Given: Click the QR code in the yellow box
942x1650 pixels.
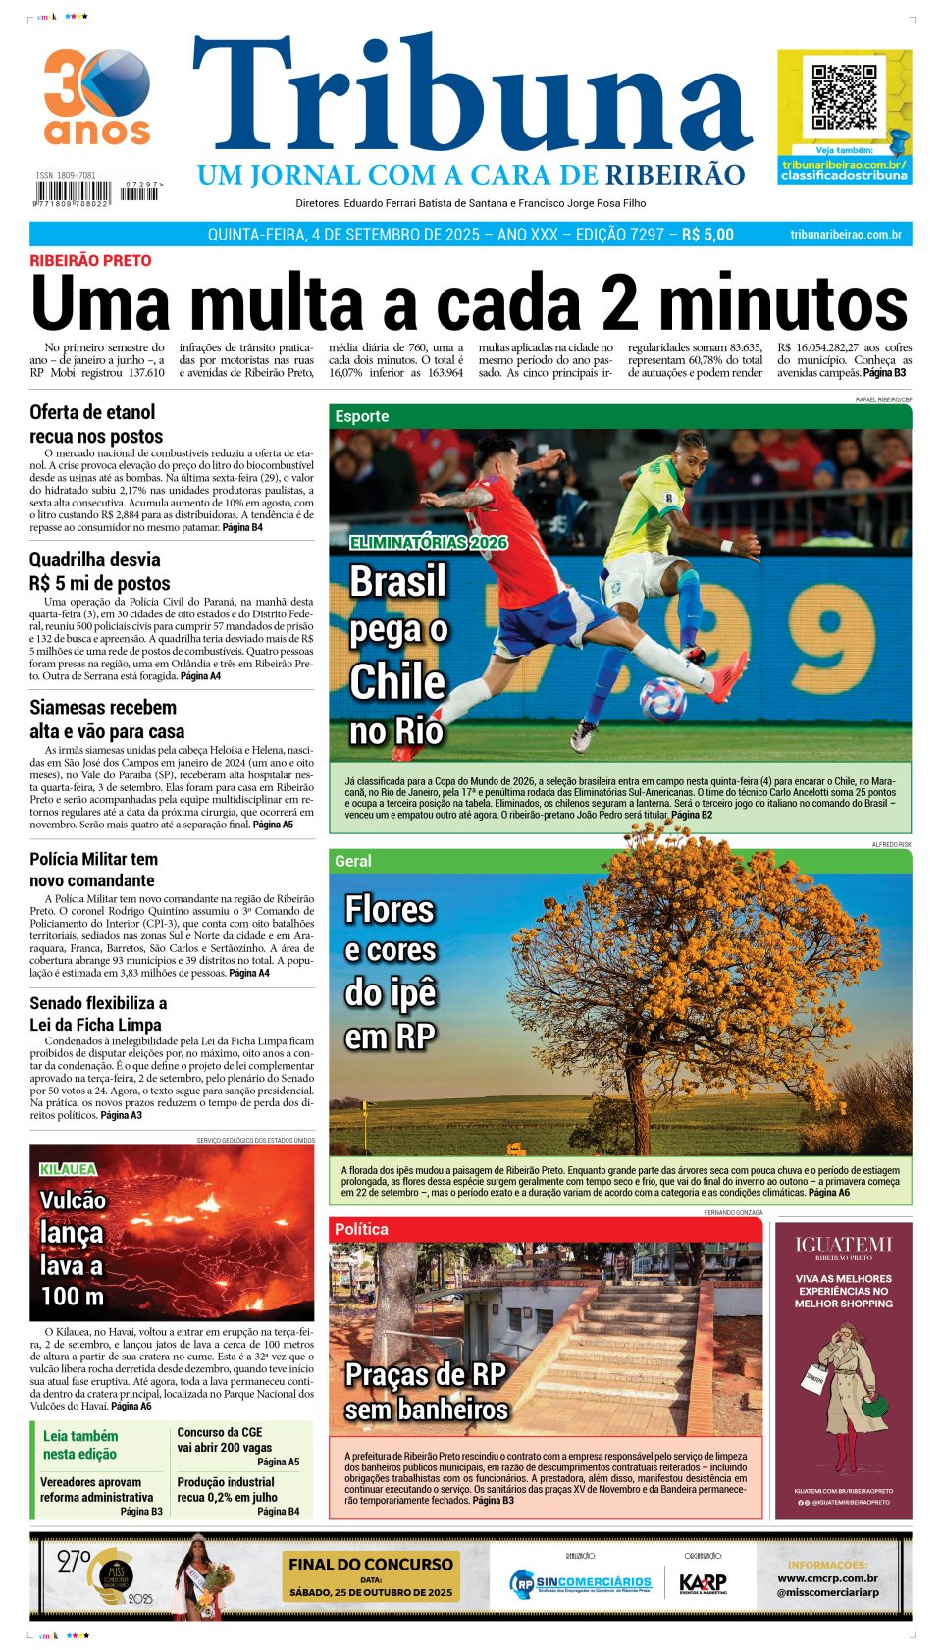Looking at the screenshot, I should tap(844, 98).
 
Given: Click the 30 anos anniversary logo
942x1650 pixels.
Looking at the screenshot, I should tap(96, 97).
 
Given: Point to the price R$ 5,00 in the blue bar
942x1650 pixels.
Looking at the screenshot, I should tap(707, 235).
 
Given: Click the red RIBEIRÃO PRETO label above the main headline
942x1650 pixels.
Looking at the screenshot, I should tap(90, 261).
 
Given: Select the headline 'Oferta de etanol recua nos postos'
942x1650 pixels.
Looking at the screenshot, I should tap(96, 424).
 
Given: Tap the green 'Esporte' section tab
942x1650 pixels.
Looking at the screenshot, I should tap(362, 416).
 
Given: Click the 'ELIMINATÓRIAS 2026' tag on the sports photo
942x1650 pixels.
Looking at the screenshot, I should tap(428, 542).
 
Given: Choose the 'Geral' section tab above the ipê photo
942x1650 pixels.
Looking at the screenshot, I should tap(353, 861).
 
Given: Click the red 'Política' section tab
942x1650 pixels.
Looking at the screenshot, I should tap(361, 1229).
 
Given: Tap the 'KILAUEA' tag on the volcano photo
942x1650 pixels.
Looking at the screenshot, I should tap(68, 1169).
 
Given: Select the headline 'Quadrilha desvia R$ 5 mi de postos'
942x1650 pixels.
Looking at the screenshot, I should tap(99, 571).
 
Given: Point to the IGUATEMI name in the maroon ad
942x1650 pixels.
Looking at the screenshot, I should tap(843, 1245).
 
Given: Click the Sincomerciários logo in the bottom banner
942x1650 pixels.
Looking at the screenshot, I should tap(581, 1582).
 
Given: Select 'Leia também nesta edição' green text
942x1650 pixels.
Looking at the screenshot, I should tap(79, 1445).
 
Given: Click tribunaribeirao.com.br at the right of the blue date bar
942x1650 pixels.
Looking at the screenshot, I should tap(845, 235).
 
